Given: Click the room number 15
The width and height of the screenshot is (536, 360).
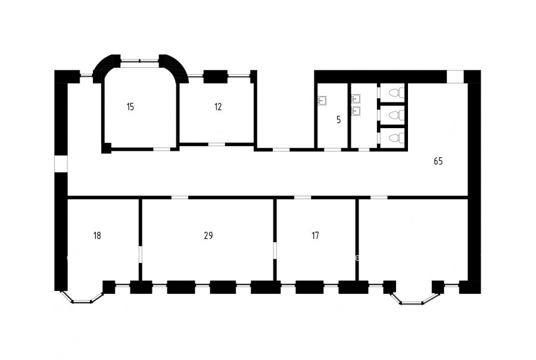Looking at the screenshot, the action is coord(130,107).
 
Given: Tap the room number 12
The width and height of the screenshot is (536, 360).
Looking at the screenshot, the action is coord(218,107).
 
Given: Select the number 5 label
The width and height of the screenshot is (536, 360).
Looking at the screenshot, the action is coord(338,120).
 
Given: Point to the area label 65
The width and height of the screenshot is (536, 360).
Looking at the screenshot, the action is coord(438,161).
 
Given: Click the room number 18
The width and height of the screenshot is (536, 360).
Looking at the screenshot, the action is coord(97,235).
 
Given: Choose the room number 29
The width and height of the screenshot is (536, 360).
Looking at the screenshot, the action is coord(208,235).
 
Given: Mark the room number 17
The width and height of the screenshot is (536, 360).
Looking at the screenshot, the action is coord(315,235).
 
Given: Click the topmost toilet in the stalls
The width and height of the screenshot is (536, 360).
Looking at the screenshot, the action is coord(397,93).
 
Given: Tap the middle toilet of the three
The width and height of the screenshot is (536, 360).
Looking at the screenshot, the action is coord(397,115).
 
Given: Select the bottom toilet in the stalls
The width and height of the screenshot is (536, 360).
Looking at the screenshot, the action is coord(397,138).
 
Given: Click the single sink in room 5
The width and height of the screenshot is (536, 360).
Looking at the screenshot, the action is coord(322,101).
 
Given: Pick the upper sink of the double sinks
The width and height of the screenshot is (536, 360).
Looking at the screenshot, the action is coord(356,98).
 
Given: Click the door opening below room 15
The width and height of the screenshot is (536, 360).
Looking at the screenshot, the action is coord(161,149).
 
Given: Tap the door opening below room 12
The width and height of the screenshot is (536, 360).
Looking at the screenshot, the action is coord(217,144).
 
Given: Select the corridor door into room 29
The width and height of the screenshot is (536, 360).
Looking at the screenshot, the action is coord(179,197).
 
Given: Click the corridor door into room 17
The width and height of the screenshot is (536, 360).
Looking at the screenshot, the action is coord(303,197).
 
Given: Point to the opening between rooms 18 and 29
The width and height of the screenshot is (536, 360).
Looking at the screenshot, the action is coord(140,255).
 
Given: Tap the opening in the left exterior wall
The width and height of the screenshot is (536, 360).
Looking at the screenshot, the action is coord(61,164).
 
